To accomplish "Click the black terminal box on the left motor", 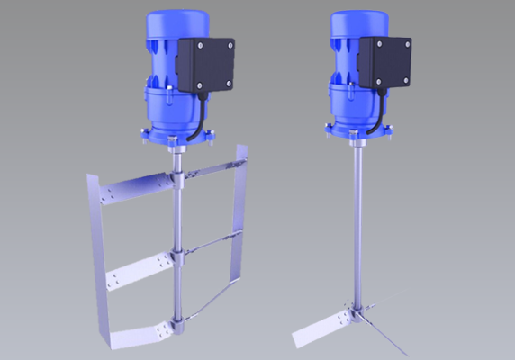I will [x=205, y=66].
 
